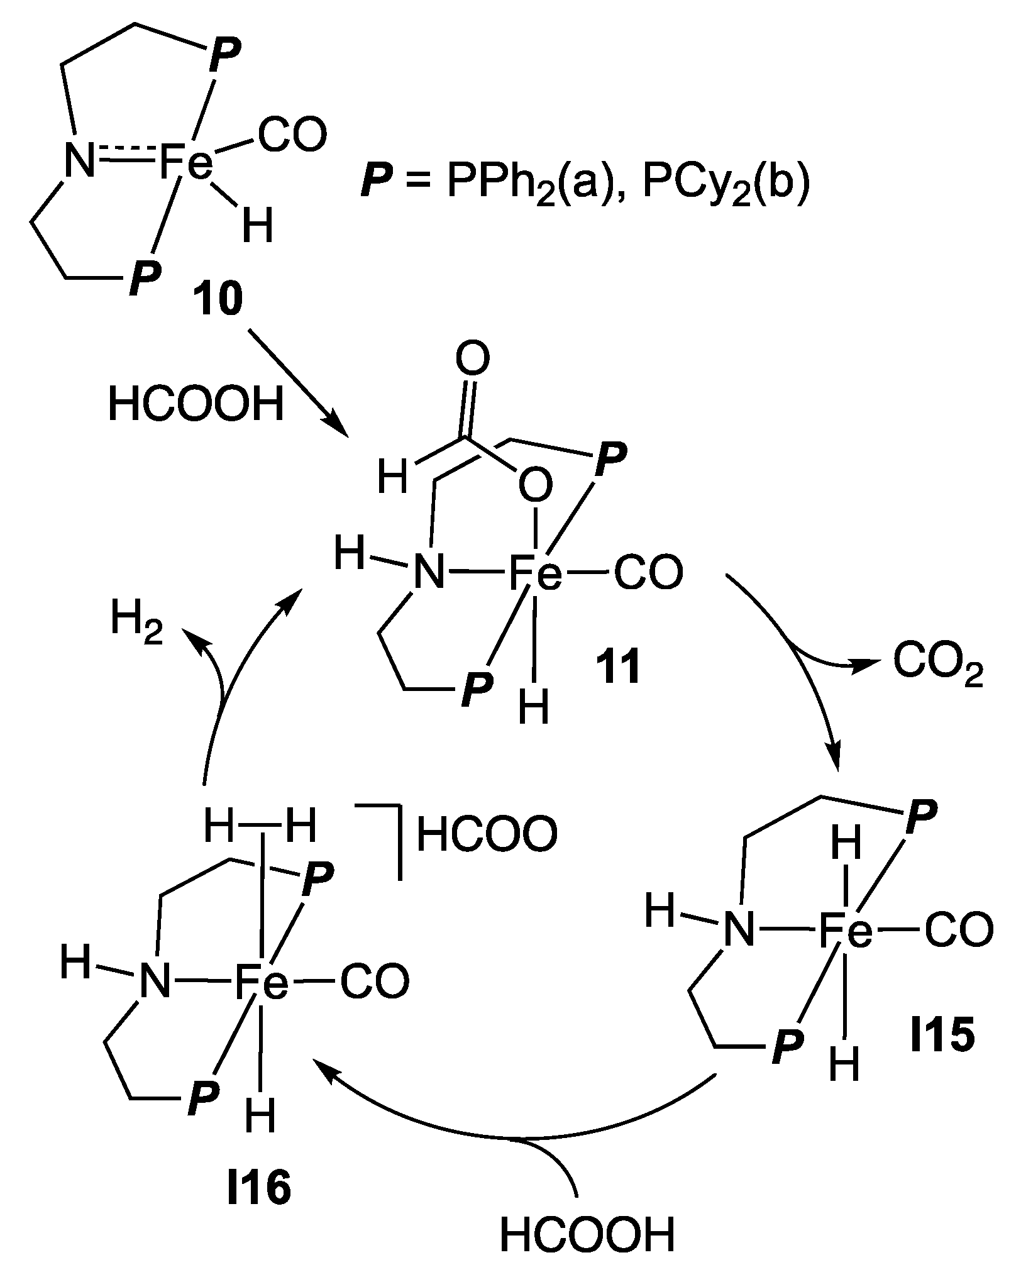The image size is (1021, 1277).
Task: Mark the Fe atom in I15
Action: (x=846, y=931)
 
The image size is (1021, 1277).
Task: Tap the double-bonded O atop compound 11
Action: (x=472, y=361)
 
